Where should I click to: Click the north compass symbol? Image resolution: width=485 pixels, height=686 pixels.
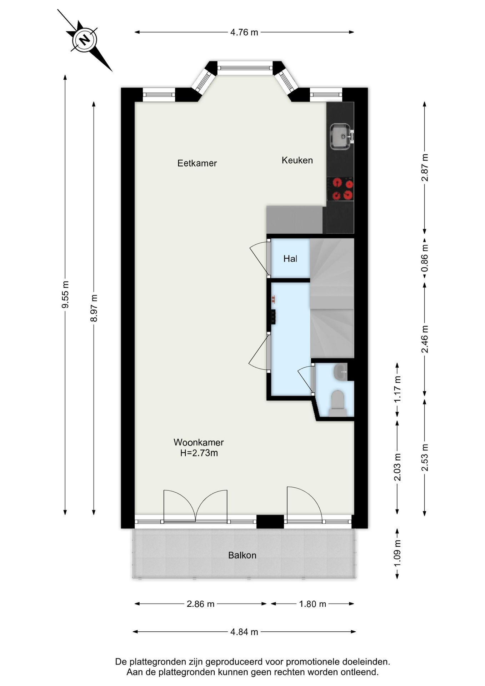85,40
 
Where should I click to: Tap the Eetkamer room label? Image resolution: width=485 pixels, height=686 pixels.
197,163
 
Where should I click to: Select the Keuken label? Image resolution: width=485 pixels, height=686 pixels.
297,160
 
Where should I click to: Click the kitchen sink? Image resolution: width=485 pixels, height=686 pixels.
341,136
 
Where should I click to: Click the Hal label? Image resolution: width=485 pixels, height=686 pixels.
290,259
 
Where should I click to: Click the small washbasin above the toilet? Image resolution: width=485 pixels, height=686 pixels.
340,372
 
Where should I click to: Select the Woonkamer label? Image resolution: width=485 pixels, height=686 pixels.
199,442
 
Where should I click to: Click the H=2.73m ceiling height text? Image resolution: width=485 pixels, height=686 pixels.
199,453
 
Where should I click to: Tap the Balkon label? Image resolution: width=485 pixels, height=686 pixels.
242,555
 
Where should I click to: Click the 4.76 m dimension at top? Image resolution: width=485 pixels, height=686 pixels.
244,32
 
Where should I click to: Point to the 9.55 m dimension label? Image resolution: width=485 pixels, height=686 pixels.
65,294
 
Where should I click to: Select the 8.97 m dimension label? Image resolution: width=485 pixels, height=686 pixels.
94,308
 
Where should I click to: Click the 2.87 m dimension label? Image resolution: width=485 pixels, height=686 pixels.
425,168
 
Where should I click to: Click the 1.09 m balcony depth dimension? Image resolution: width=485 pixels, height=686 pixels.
397,553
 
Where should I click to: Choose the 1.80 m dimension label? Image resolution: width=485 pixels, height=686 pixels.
312,604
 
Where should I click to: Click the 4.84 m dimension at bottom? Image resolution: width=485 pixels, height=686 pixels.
244,632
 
